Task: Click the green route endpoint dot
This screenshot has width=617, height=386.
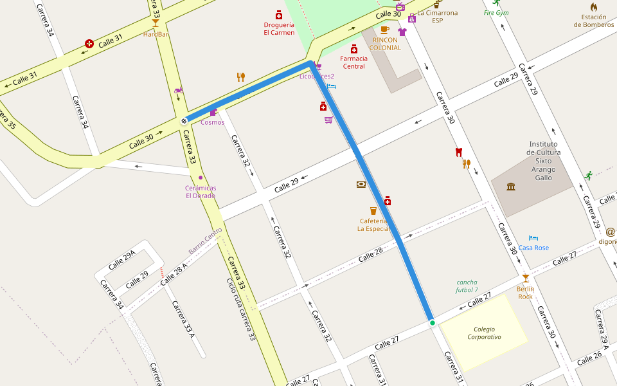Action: (x=433, y=322)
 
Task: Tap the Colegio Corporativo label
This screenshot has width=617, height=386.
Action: (x=484, y=333)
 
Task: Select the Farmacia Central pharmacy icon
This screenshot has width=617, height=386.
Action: (x=353, y=49)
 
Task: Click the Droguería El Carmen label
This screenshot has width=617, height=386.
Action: (x=279, y=29)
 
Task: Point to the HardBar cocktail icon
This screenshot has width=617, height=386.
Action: (x=155, y=23)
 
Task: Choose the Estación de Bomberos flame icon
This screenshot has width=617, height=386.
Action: (x=594, y=7)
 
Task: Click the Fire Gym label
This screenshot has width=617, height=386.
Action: (x=496, y=13)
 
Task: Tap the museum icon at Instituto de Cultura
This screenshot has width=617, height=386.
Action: (x=511, y=187)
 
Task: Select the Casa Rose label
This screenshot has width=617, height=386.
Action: (x=533, y=248)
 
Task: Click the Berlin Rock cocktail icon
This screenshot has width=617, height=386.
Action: (x=526, y=278)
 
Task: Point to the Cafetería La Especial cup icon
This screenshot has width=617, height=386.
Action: (x=373, y=210)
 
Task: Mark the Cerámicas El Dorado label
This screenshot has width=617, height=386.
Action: (x=201, y=192)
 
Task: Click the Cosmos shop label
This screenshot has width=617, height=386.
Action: (x=213, y=122)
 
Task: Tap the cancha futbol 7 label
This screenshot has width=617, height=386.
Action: (x=467, y=286)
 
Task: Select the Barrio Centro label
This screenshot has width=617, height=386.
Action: (x=205, y=241)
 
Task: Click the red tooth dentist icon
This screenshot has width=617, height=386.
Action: (x=458, y=152)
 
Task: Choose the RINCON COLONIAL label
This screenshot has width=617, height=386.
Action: (x=386, y=44)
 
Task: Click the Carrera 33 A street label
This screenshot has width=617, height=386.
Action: (x=183, y=319)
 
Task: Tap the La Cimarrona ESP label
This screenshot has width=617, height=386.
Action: (x=437, y=16)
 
